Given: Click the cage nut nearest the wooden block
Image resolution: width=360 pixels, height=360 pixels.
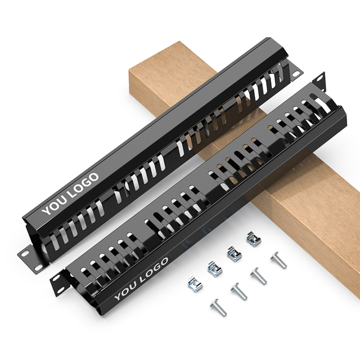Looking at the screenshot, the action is [x=254, y=239].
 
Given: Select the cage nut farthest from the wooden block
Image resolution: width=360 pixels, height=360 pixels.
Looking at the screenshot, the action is [x=195, y=285].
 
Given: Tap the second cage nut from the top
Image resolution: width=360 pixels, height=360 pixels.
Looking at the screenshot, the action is [x=235, y=254].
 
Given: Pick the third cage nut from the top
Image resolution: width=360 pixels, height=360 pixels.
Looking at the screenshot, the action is [x=215, y=269].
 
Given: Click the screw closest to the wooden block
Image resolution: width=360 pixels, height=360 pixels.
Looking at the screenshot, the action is [x=278, y=260].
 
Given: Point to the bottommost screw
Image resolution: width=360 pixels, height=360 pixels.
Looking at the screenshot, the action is [x=218, y=308].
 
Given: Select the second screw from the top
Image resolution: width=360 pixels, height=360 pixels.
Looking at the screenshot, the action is [x=259, y=276].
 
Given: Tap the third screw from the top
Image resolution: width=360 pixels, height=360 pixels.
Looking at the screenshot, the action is [x=239, y=291].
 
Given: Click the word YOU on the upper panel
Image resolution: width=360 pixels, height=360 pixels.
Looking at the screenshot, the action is [x=55, y=206].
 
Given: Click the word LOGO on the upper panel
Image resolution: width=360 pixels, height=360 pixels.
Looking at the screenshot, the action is [x=84, y=185].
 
